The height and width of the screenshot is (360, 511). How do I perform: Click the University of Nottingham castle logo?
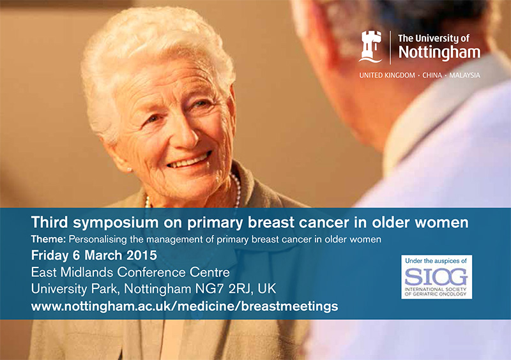pyautogui.click(x=370, y=46)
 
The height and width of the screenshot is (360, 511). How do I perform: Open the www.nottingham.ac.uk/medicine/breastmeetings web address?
pyautogui.click(x=185, y=306)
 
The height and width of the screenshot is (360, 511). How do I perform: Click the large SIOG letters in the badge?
pyautogui.click(x=437, y=277)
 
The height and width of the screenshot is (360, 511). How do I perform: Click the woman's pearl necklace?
pyautogui.click(x=236, y=191)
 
